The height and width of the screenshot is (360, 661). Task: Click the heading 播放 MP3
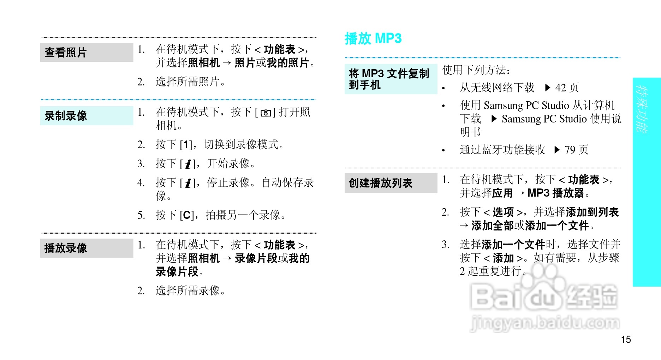(x=373, y=38)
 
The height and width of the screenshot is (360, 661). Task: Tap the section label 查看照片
(x=66, y=53)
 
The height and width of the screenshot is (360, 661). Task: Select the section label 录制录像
(x=66, y=116)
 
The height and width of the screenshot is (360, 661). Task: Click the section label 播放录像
(x=66, y=248)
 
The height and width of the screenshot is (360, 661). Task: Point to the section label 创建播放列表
(x=380, y=183)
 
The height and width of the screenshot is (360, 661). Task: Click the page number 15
(x=626, y=340)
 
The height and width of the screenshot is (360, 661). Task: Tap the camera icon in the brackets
(x=266, y=113)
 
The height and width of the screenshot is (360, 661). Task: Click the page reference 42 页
(x=567, y=88)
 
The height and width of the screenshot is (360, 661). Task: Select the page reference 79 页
(x=576, y=150)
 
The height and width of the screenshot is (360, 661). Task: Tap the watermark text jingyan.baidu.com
(x=545, y=323)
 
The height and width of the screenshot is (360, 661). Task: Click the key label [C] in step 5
(x=186, y=215)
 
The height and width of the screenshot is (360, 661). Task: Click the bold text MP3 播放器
(x=556, y=193)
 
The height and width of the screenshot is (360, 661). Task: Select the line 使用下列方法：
(x=476, y=70)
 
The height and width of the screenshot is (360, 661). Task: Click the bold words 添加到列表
(x=592, y=212)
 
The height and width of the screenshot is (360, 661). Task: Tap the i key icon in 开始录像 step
(x=188, y=164)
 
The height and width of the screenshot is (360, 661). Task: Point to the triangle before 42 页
(x=548, y=88)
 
